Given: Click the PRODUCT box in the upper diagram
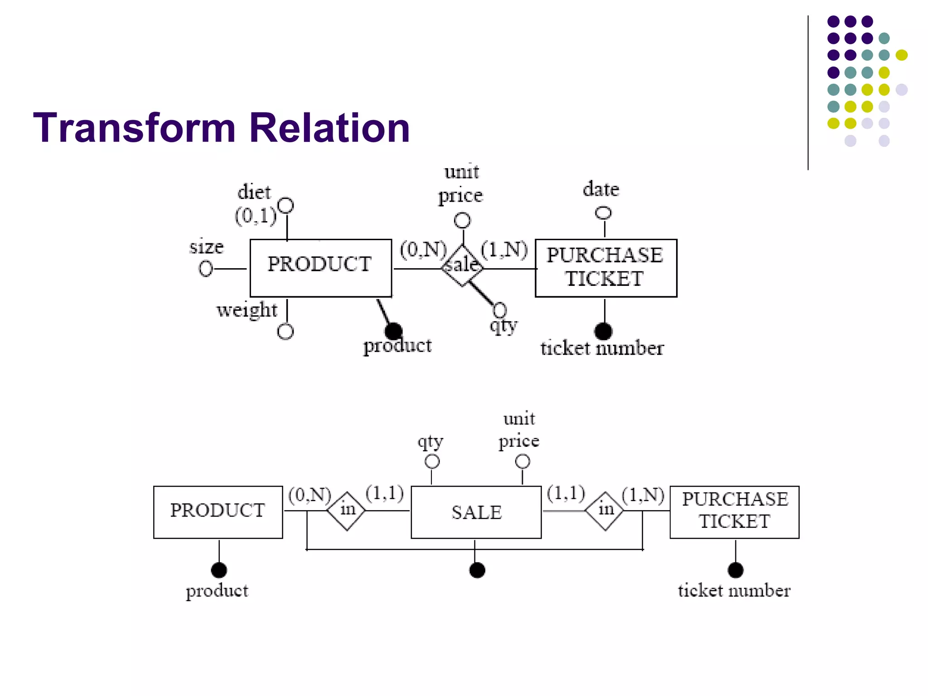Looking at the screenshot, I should click(320, 268).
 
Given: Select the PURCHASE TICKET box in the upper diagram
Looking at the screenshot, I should click(606, 268).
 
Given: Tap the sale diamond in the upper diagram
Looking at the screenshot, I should click(462, 266).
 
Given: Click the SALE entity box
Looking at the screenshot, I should click(476, 512).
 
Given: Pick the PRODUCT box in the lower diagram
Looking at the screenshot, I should click(218, 512).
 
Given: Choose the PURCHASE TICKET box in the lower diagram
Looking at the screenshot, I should click(735, 512).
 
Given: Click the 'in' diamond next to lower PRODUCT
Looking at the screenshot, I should click(347, 511).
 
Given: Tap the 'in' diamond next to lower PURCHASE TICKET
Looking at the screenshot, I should click(605, 511).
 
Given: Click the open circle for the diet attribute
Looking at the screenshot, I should click(286, 206).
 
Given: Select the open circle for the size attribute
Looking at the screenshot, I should click(206, 269).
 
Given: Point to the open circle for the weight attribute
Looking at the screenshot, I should click(285, 332).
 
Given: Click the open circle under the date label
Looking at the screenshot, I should click(603, 213).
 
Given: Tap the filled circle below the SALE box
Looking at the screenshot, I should click(477, 570).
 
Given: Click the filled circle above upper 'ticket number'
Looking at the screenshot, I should click(603, 331).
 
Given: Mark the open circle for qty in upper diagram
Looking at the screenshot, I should click(499, 310).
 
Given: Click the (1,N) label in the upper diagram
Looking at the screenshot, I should click(504, 250).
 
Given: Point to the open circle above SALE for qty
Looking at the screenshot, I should click(432, 462).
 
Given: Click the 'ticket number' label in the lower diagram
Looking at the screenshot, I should click(734, 591).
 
